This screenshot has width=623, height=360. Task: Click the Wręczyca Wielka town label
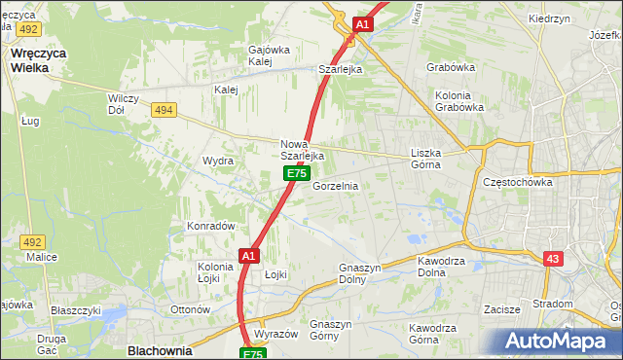(37, 54)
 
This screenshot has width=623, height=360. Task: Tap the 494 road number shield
(164, 111)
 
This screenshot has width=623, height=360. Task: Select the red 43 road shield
(552, 258)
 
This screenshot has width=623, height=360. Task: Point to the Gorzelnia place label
(336, 185)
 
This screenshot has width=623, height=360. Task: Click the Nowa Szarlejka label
(302, 150)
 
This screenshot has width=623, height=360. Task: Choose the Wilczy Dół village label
(130, 104)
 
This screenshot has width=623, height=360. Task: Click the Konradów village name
(212, 226)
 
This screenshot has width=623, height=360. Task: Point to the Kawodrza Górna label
(436, 334)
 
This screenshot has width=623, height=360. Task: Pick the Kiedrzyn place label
(550, 18)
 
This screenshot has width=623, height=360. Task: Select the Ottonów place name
(191, 309)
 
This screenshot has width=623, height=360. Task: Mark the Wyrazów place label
(275, 334)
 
